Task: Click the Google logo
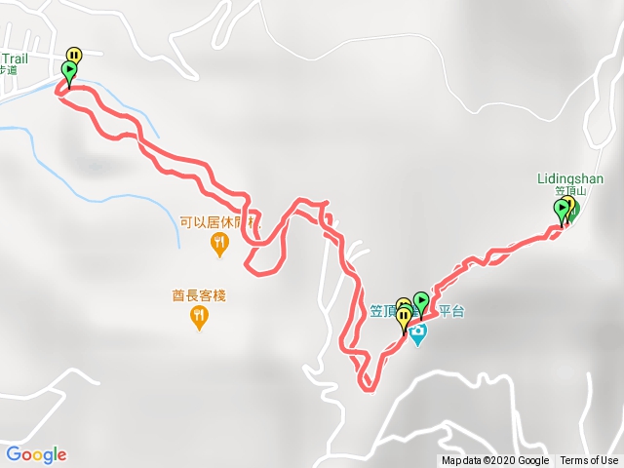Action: click(36, 454)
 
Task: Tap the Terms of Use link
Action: click(589, 461)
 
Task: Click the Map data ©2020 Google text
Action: click(495, 461)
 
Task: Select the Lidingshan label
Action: click(570, 179)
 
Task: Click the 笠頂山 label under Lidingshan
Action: click(568, 192)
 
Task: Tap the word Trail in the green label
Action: click(14, 58)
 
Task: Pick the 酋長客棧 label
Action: click(199, 295)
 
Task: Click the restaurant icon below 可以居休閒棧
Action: click(220, 244)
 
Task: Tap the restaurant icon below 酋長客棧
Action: click(199, 316)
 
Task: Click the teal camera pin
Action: click(418, 334)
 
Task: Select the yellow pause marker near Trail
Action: click(74, 56)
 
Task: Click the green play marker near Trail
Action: click(69, 70)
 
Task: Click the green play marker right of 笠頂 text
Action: click(421, 300)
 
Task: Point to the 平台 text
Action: click(451, 312)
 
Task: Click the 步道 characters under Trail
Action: click(8, 70)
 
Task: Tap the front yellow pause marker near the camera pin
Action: click(404, 317)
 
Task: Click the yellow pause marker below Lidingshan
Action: click(568, 204)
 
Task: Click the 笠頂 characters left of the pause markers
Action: click(382, 312)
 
